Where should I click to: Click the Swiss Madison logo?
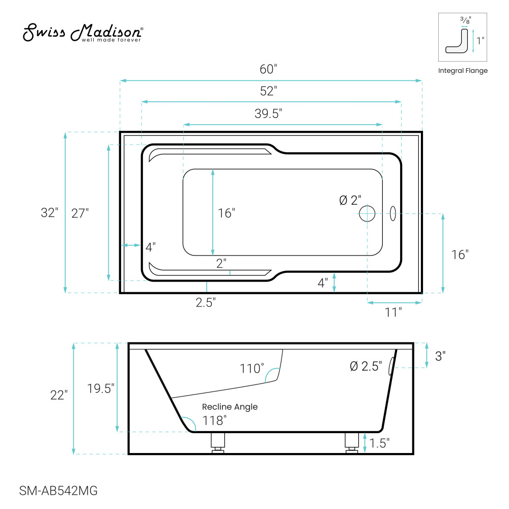click(83, 33)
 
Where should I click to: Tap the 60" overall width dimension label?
click(268, 69)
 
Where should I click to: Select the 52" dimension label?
click(268, 91)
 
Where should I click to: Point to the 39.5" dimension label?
click(268, 114)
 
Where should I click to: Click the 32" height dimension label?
click(49, 213)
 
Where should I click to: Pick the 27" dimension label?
click(80, 213)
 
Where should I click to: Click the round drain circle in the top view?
click(367, 214)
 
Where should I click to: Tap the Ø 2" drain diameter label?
click(350, 200)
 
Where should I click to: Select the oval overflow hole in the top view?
click(393, 214)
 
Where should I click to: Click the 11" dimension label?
click(393, 313)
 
